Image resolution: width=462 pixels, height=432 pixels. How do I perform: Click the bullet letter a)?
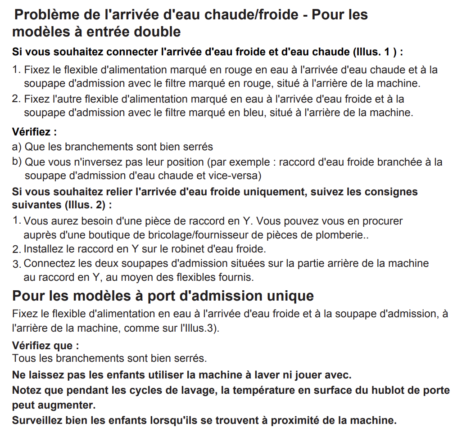coord(17,147)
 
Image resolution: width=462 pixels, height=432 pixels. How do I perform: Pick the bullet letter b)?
coord(17,161)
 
